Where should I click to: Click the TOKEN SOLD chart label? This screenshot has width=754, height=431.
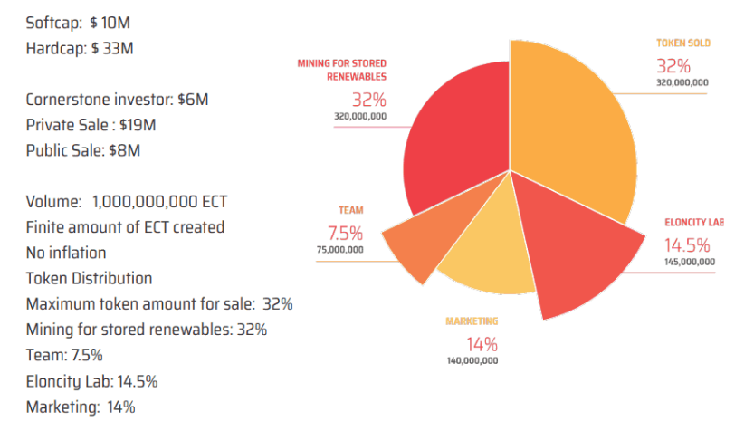[683, 43]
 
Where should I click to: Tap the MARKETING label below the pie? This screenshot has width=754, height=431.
[472, 321]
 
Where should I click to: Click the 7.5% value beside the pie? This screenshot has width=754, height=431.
[345, 232]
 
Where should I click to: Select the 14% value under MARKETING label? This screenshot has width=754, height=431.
[482, 344]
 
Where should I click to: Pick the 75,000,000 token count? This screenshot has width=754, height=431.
[339, 250]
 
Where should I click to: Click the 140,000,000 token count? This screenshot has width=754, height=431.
[472, 360]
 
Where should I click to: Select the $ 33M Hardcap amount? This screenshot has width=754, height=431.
[112, 47]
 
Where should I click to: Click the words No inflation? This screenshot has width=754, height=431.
[66, 253]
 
